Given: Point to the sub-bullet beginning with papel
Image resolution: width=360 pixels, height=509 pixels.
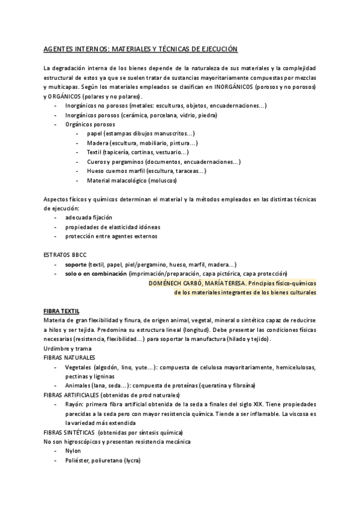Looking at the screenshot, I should (140, 133).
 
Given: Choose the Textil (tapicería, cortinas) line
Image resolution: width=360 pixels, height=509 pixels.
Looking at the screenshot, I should (137, 152).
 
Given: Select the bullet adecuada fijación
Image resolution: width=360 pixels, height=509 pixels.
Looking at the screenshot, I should (89, 217).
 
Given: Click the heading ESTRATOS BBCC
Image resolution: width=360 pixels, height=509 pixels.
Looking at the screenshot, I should (65, 254).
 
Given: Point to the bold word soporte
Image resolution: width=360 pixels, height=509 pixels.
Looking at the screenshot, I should (76, 264).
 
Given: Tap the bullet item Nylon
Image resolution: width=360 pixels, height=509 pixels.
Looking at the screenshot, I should (73, 451).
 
